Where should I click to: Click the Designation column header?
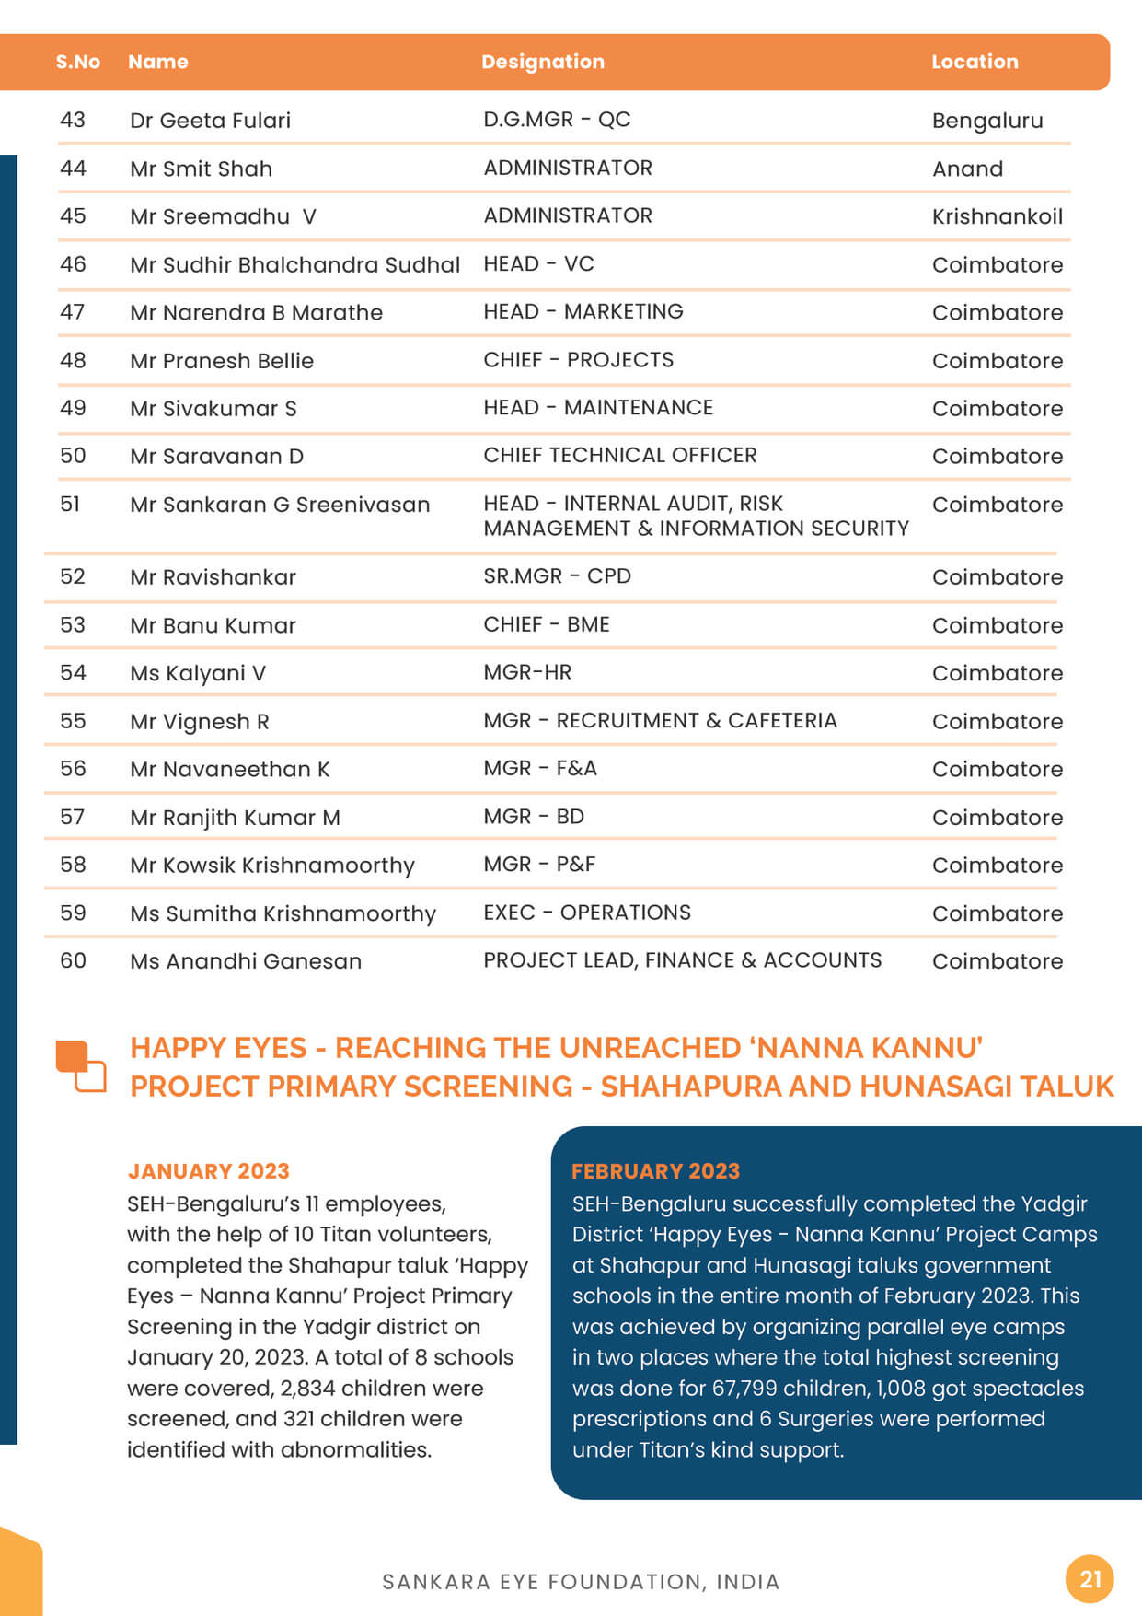(542, 62)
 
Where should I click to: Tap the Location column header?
(974, 62)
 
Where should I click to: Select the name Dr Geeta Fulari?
(210, 121)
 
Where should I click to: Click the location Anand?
(966, 169)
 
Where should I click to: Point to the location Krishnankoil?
(997, 216)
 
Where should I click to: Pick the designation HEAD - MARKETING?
(583, 312)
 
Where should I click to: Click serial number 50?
(73, 456)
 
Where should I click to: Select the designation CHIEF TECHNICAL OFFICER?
(619, 456)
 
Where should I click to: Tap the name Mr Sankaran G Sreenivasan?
(280, 505)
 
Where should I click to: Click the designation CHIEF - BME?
(546, 624)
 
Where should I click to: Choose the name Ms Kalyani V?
(197, 673)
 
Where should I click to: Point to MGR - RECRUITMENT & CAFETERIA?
(660, 721)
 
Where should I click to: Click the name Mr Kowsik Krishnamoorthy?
(271, 866)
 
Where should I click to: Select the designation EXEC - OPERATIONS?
(586, 913)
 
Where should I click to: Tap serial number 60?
(73, 960)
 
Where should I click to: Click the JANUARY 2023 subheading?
(208, 1171)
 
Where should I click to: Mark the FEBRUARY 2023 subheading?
(655, 1171)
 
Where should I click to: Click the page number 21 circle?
(1090, 1579)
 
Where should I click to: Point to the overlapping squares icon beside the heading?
(81, 1066)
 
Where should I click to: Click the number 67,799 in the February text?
(744, 1389)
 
